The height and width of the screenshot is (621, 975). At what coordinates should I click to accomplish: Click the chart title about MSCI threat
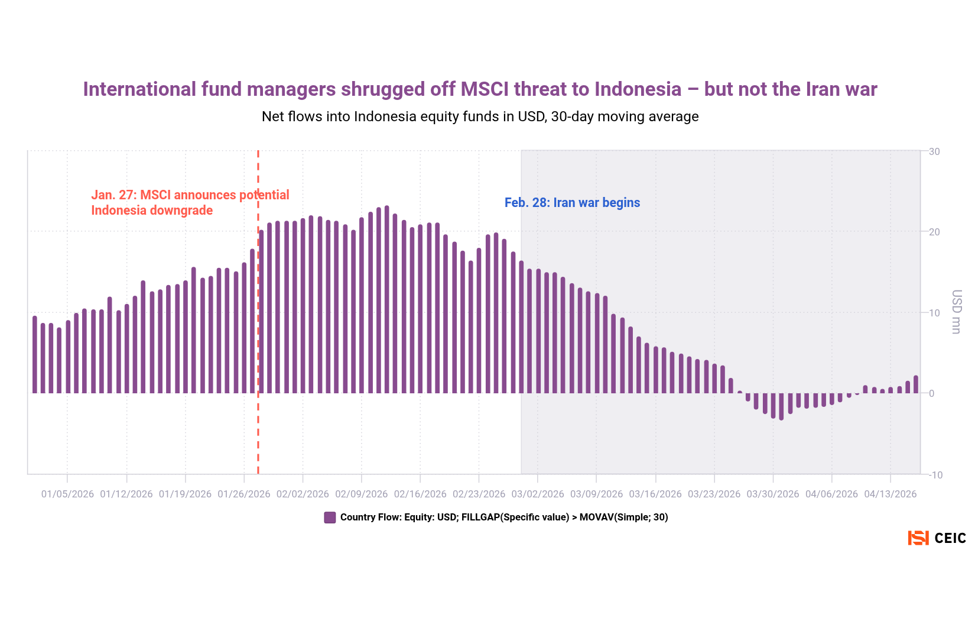click(480, 89)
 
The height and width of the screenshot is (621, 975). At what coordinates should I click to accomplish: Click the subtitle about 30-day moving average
click(480, 117)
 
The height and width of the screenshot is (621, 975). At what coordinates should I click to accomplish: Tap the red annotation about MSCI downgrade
click(190, 203)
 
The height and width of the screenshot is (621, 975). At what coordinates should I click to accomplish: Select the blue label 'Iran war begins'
click(572, 203)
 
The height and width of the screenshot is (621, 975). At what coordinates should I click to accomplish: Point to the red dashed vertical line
click(258, 355)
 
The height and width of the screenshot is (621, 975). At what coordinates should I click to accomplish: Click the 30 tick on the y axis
click(934, 152)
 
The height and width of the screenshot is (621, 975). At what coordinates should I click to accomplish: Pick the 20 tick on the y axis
click(934, 232)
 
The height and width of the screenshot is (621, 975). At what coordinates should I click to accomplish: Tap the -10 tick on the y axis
click(934, 475)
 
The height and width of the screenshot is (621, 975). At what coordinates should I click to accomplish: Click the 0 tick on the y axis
click(932, 394)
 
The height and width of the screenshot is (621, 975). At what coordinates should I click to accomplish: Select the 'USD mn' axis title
click(957, 312)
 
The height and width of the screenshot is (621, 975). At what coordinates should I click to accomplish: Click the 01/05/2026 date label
click(67, 494)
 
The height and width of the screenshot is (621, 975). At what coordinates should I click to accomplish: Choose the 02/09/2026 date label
click(361, 494)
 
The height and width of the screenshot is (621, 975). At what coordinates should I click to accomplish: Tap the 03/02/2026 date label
click(538, 494)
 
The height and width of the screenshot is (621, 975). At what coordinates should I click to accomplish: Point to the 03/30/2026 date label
click(772, 494)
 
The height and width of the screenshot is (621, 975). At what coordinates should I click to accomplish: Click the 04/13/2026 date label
click(890, 494)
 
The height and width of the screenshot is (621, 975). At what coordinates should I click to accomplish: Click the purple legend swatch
click(330, 517)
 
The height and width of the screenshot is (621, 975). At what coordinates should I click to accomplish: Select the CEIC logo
click(937, 538)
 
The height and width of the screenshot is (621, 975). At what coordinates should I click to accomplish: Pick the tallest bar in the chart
click(386, 299)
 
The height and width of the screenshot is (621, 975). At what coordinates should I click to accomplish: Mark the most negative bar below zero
click(781, 407)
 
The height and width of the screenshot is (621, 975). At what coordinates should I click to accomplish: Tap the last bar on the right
click(916, 384)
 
